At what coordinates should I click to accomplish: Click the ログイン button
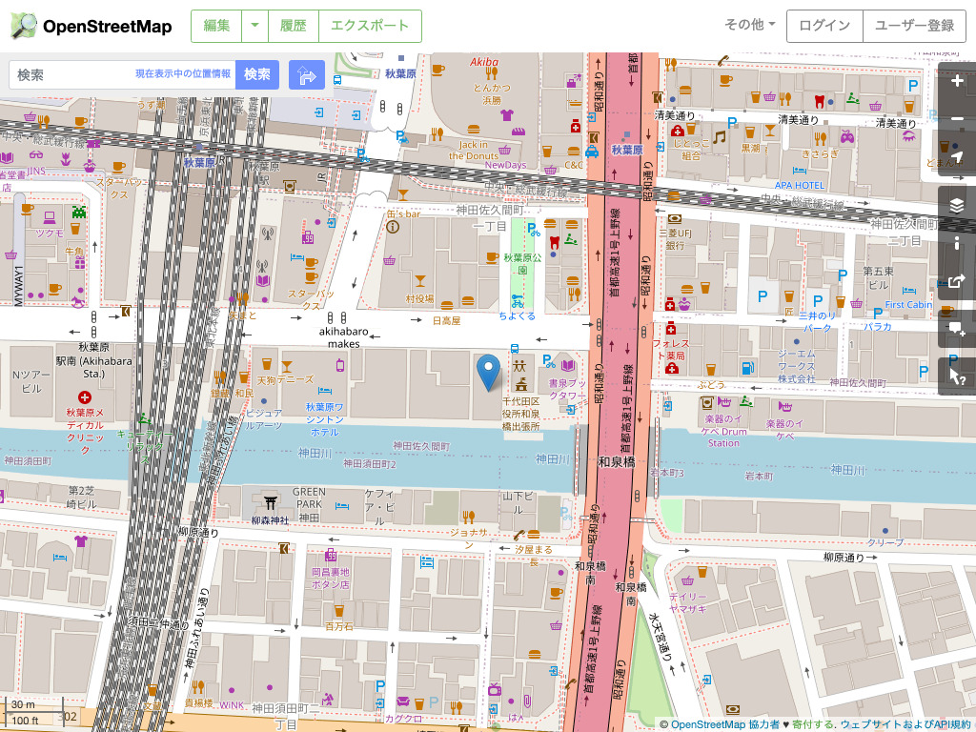tap(823, 26)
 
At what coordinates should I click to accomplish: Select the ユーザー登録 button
tap(914, 26)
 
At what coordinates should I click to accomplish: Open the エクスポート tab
tap(370, 26)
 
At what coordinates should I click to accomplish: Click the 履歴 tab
tap(294, 26)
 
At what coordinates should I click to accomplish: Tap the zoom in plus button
tap(957, 81)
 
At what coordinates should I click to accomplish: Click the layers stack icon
tap(957, 205)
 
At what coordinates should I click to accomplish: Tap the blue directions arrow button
tap(307, 75)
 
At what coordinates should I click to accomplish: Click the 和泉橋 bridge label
tap(617, 462)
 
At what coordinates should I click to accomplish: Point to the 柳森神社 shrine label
tap(269, 520)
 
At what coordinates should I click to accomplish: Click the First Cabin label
tap(907, 305)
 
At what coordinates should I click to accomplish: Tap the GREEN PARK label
tap(309, 498)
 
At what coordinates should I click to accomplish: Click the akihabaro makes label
tap(346, 337)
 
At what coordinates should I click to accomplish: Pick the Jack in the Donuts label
tap(474, 150)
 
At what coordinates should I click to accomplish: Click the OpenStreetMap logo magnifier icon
tap(25, 26)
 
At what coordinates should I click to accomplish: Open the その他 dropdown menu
tap(750, 26)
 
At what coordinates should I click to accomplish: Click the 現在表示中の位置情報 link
tap(183, 74)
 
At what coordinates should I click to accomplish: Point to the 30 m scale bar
tap(23, 704)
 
